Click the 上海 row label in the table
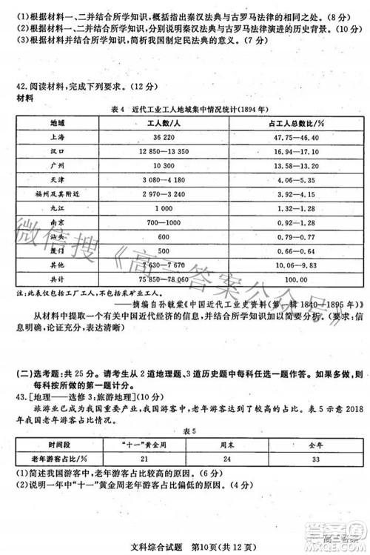[56, 138]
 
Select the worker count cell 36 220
[169, 138]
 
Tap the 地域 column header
[58, 123]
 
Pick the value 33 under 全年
[296, 459]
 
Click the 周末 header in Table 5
[218, 444]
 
